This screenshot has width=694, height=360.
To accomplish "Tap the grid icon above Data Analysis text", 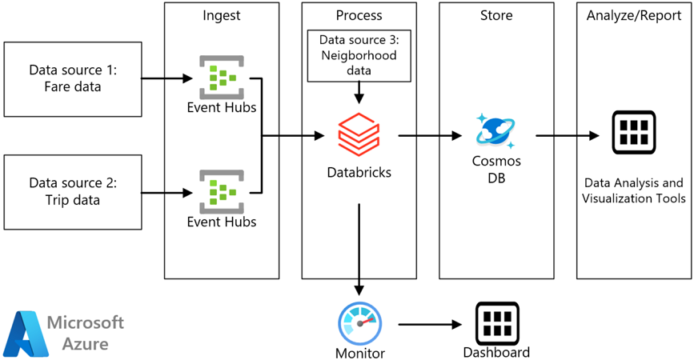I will [x=633, y=134].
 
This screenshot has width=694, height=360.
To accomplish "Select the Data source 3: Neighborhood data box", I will [x=358, y=55].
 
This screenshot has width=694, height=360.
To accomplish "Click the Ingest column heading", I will [x=220, y=15].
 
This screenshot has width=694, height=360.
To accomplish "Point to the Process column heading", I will [x=359, y=15].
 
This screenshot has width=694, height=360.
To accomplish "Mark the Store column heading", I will [x=495, y=15].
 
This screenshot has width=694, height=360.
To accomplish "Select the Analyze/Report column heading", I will [x=633, y=15].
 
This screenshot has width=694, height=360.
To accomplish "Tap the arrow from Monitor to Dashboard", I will [x=431, y=325].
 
